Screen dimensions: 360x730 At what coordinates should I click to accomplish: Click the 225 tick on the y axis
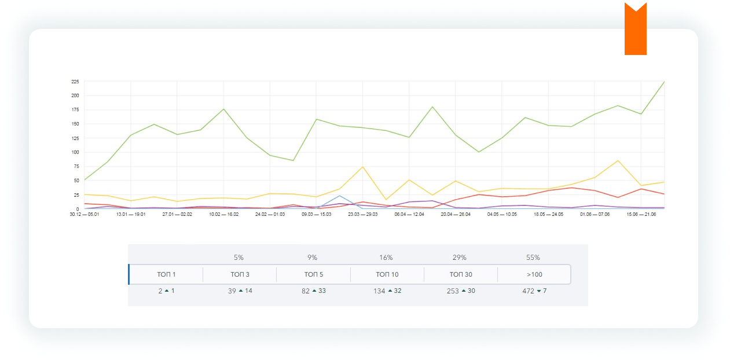pyautogui.click(x=75, y=82)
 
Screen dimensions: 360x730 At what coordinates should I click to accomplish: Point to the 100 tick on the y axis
pyautogui.click(x=75, y=152)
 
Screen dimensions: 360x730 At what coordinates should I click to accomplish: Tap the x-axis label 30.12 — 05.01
pyautogui.click(x=85, y=214)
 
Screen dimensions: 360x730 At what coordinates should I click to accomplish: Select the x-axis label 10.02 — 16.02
pyautogui.click(x=223, y=214)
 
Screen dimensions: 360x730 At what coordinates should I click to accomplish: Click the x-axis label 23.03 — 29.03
pyautogui.click(x=362, y=214)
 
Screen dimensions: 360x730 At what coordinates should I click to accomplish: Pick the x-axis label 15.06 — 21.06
pyautogui.click(x=641, y=214)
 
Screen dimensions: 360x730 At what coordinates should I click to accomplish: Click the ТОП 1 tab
pyautogui.click(x=166, y=274)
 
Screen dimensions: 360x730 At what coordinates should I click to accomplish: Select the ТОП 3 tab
pyautogui.click(x=240, y=274)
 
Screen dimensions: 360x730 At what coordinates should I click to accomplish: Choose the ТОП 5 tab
pyautogui.click(x=313, y=274)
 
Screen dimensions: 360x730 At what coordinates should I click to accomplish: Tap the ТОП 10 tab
pyautogui.click(x=387, y=274)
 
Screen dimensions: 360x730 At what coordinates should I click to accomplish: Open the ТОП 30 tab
pyautogui.click(x=460, y=274)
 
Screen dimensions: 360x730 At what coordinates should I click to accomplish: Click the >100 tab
pyautogui.click(x=534, y=274)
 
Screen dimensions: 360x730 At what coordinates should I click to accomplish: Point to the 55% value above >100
pyautogui.click(x=533, y=258)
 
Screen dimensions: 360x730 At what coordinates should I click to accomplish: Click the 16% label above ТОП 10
pyautogui.click(x=386, y=258)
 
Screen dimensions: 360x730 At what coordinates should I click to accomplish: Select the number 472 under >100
pyautogui.click(x=528, y=291)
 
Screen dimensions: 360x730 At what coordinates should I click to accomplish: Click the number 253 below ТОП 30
pyautogui.click(x=453, y=291)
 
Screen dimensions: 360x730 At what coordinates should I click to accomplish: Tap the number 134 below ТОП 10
pyautogui.click(x=379, y=291)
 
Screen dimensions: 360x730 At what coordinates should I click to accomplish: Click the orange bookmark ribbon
pyautogui.click(x=635, y=30)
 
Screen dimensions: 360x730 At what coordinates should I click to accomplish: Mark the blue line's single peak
pyautogui.click(x=339, y=196)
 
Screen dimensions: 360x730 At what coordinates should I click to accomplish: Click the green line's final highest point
pyautogui.click(x=664, y=82)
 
